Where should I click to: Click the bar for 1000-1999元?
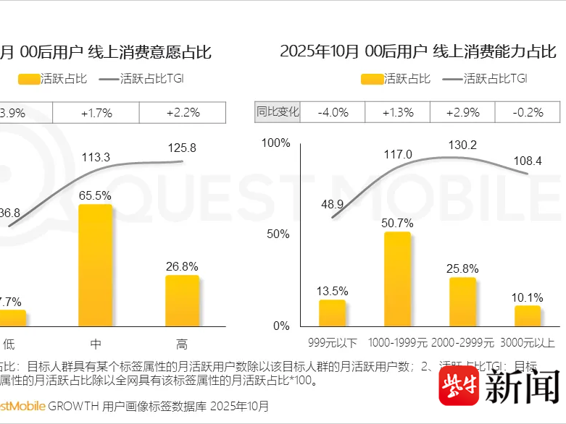(397, 279)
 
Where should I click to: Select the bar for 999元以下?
(332, 313)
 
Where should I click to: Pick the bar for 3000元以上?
(528, 315)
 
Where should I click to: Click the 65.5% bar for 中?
(95, 265)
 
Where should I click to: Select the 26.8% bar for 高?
(182, 300)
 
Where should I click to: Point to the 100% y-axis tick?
(275, 143)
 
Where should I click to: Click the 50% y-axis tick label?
(278, 234)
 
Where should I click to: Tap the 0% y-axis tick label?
(281, 326)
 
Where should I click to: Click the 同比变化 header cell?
(277, 112)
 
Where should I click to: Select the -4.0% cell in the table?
(332, 112)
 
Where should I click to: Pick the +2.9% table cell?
(462, 112)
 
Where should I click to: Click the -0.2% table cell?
(528, 112)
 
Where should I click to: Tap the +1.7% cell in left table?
(96, 112)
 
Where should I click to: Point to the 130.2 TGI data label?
(462, 145)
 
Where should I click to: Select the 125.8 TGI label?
(182, 148)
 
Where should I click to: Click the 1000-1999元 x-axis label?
(397, 342)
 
